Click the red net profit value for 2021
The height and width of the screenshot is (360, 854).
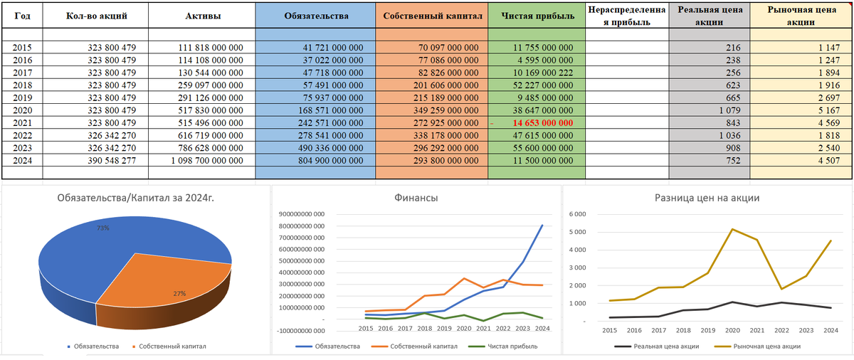point(542,122)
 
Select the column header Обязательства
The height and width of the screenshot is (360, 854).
point(316,16)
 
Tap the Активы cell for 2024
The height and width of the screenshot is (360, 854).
point(207,160)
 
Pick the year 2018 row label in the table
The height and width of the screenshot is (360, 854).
point(23,85)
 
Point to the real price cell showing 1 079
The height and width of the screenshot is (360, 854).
point(729,110)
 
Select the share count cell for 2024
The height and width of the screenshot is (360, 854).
point(112,160)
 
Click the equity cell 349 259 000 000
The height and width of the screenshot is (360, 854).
point(446,110)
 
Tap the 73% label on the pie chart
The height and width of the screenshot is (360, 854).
point(103,228)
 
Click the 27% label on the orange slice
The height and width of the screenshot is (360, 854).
point(179,293)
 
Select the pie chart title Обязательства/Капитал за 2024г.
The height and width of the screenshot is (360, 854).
point(135,198)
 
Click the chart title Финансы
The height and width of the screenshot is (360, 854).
point(416,198)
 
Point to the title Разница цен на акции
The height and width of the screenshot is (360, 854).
point(707,198)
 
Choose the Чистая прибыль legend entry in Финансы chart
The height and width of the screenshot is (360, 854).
point(502,346)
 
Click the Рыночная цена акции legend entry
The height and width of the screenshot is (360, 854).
point(757,346)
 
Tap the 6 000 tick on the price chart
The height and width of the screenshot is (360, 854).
point(578,214)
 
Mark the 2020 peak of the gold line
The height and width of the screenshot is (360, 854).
point(732,229)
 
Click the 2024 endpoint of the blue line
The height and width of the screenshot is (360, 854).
point(542,225)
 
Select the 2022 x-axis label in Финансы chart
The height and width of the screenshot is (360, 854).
point(503,329)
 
